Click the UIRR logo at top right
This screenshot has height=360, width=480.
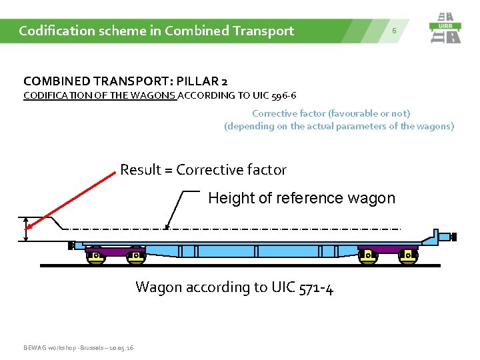(445, 28)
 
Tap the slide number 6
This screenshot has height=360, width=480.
(394, 31)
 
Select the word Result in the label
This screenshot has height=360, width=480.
(141, 170)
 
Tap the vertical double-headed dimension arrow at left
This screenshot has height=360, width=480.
(26, 229)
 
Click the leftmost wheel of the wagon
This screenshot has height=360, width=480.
(95, 257)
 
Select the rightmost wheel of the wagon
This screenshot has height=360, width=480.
(407, 257)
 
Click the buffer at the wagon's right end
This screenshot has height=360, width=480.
(453, 237)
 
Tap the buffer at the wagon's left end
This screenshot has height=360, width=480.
(71, 245)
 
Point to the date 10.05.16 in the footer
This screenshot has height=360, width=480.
(121, 348)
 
